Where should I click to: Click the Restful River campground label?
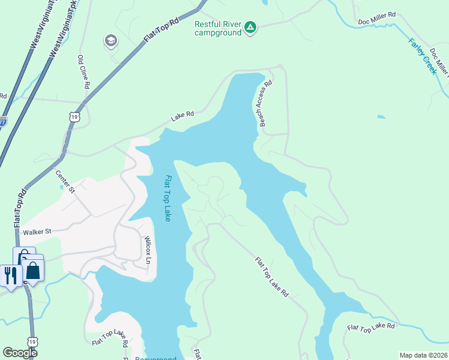tap(218, 28)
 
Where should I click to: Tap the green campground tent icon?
tap(250, 27)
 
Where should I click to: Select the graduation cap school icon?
tap(110, 41)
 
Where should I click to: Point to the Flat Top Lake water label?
tap(168, 199)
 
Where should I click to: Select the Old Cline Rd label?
tap(83, 72)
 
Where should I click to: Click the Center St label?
tap(65, 182)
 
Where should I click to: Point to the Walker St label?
tap(38, 231)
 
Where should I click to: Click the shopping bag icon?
tap(33, 271)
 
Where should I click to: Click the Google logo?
tap(20, 353)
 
